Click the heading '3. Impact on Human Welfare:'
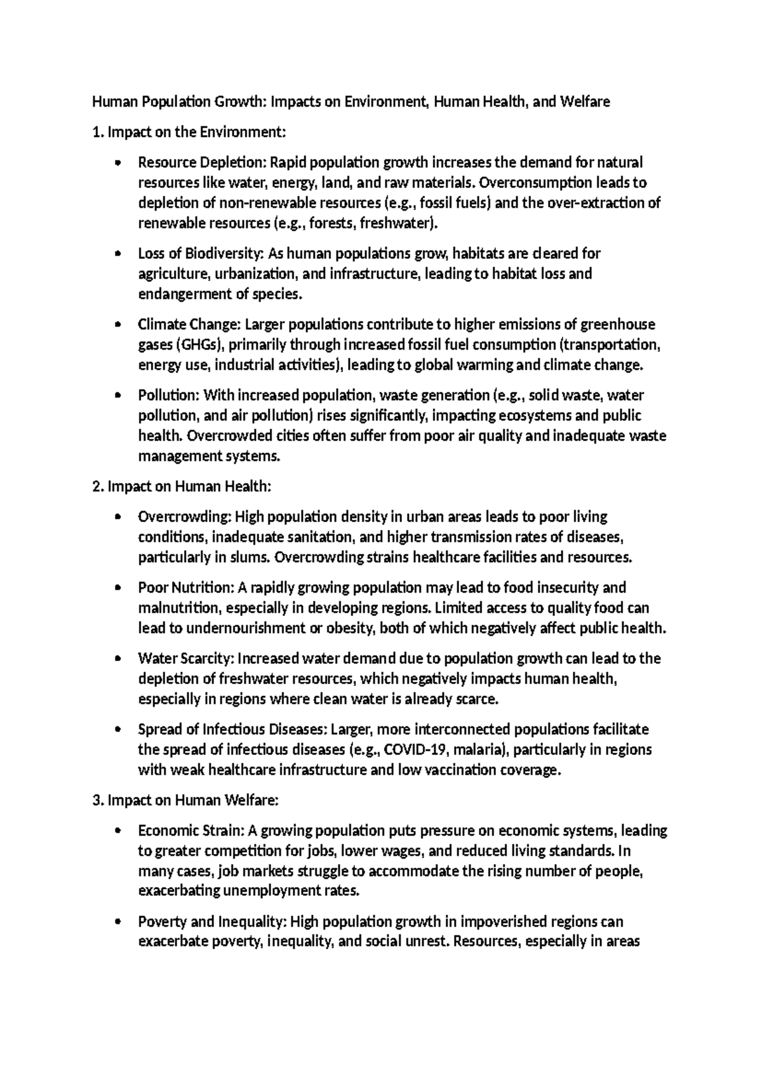click(x=185, y=801)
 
